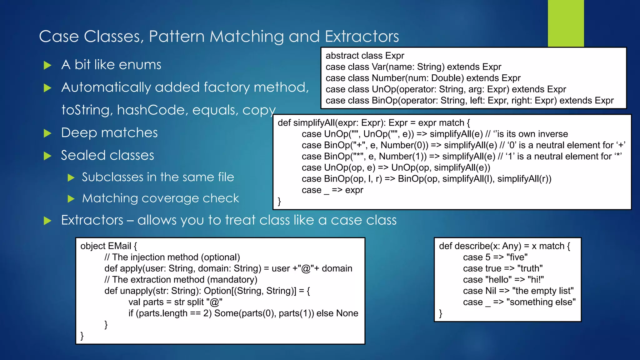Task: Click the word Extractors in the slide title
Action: coord(362,37)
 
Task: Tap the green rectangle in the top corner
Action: coord(566,23)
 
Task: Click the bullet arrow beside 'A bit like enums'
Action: coord(47,65)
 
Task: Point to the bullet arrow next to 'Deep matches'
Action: coord(47,133)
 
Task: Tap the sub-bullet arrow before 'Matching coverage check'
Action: coord(71,199)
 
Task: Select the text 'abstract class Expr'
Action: coord(365,56)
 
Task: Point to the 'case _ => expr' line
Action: coord(332,190)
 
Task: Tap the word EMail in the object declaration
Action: coord(119,246)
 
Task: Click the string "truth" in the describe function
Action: coord(530,268)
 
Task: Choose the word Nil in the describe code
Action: coord(491,291)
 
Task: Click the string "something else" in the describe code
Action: coord(541,302)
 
